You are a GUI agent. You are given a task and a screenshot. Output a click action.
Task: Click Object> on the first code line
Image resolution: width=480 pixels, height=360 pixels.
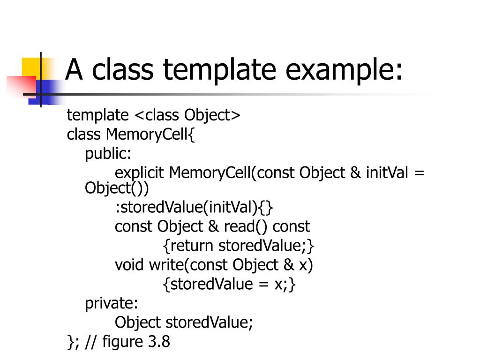pyautogui.click(x=212, y=115)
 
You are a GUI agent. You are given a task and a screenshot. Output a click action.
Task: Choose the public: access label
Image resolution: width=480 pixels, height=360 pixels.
pyautogui.click(x=108, y=154)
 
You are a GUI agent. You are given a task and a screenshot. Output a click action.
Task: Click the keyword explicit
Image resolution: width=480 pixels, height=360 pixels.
pyautogui.click(x=140, y=173)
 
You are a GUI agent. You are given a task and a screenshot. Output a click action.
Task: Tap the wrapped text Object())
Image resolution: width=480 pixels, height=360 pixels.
pyautogui.click(x=117, y=188)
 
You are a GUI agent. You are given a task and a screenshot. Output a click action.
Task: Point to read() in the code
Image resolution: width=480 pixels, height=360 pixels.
pyautogui.click(x=246, y=226)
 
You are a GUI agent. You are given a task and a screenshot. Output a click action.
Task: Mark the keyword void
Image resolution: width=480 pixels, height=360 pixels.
pyautogui.click(x=130, y=265)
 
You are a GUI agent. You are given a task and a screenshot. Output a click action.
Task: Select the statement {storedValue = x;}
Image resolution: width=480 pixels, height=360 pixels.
pyautogui.click(x=230, y=284)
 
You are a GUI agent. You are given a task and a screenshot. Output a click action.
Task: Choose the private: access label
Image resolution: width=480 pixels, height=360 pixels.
pyautogui.click(x=112, y=304)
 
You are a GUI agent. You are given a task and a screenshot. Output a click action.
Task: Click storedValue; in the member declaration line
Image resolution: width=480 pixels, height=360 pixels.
pyautogui.click(x=209, y=322)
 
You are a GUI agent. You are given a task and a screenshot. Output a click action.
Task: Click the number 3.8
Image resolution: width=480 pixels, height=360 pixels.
pyautogui.click(x=159, y=342)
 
